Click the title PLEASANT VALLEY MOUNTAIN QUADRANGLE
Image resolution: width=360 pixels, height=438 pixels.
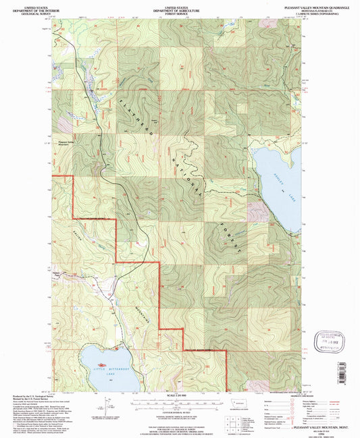tap(314, 7)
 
